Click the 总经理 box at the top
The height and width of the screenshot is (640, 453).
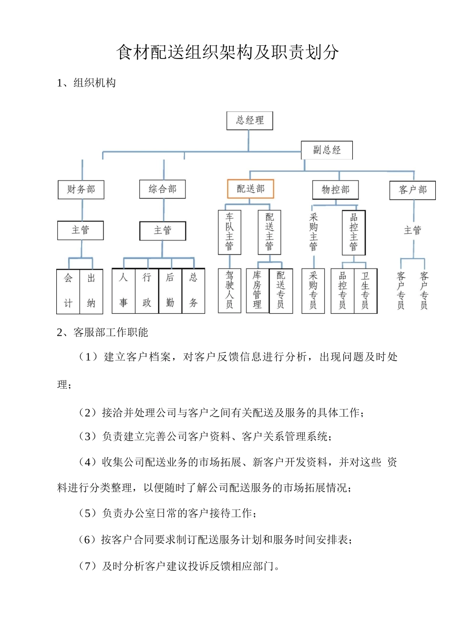click(249, 120)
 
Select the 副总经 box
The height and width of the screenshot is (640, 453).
click(327, 150)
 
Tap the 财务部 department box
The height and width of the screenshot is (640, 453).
click(81, 190)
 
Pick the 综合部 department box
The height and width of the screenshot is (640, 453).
click(163, 189)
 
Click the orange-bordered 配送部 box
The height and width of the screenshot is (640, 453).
click(251, 189)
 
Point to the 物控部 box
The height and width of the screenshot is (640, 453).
click(335, 190)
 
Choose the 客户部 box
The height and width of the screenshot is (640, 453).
click(412, 190)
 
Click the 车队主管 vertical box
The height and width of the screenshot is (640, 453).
click(229, 232)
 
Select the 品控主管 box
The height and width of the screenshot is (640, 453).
click(354, 232)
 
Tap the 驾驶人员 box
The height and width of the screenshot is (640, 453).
click(229, 290)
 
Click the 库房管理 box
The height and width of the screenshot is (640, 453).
click(257, 290)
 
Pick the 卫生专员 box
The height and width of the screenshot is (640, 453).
click(365, 291)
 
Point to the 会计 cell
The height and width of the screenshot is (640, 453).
click(68, 291)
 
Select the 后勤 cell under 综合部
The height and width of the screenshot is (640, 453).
click(170, 291)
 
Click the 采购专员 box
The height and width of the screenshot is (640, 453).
click(313, 291)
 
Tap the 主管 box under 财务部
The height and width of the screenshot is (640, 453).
click(81, 230)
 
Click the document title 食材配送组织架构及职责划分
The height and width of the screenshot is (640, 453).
click(227, 52)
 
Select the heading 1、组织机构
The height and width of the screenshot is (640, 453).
click(86, 83)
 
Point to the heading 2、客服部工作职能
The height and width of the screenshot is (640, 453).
click(103, 332)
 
